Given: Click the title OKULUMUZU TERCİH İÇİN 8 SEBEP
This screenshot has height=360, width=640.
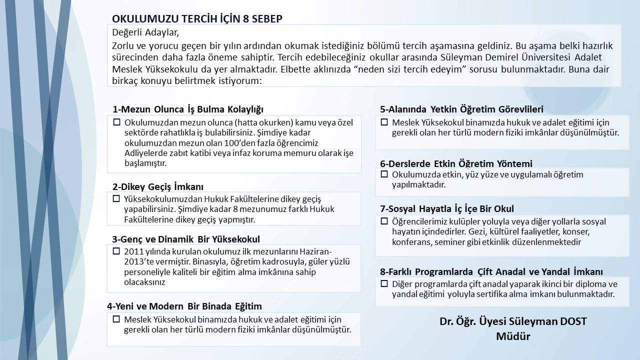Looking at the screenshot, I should click(x=197, y=19).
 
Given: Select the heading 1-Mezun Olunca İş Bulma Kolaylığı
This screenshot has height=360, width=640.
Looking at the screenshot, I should click(x=187, y=109).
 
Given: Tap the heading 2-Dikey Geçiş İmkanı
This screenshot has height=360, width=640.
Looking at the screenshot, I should click(x=158, y=187).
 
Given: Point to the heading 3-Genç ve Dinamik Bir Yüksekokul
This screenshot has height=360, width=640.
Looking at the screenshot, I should click(x=186, y=239).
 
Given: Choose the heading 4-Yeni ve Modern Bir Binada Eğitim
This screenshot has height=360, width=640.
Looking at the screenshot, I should click(x=184, y=306).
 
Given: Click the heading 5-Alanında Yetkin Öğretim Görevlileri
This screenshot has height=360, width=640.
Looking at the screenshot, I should click(x=461, y=109).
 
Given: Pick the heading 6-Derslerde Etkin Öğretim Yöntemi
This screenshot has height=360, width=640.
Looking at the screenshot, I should click(x=456, y=163).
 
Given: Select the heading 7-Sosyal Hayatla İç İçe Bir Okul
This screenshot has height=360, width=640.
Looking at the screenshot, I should click(x=447, y=208).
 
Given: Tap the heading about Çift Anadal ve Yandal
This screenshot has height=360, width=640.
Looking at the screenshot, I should click(x=491, y=271).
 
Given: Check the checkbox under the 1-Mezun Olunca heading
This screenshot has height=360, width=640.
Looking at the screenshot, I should click(x=117, y=122).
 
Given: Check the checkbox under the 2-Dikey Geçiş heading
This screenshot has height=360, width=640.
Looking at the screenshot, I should click(x=117, y=198).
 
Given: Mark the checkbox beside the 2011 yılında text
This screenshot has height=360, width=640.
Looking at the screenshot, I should click(x=117, y=251).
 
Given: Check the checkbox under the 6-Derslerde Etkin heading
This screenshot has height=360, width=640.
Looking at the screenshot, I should click(x=384, y=174).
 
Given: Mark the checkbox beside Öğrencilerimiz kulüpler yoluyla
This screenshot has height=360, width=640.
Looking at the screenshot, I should click(x=384, y=221).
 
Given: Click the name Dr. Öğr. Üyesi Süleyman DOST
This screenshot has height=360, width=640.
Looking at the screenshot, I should click(x=513, y=321).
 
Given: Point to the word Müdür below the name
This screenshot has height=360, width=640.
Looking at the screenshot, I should click(x=513, y=336).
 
